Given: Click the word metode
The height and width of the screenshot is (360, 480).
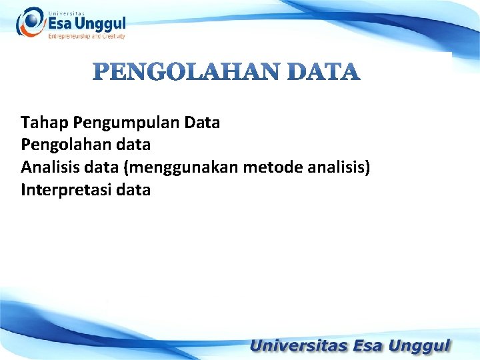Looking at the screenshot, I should pyautogui.click(x=273, y=167).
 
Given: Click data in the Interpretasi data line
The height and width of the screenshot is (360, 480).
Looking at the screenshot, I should pyautogui.click(x=133, y=190).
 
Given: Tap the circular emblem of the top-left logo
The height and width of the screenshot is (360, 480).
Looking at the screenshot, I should pyautogui.click(x=30, y=22).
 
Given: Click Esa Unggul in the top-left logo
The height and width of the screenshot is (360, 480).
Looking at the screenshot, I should pyautogui.click(x=87, y=23).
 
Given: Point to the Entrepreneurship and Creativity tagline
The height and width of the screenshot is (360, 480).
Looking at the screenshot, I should pyautogui.click(x=87, y=37).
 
